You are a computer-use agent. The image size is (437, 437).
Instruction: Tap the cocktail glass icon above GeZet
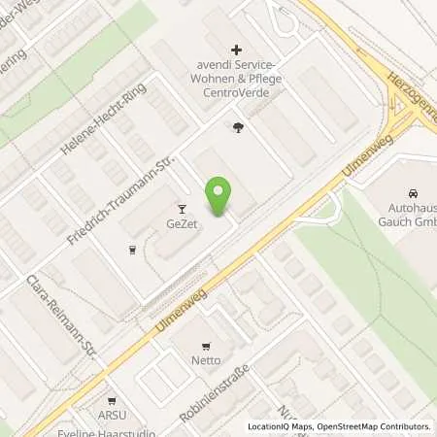181,208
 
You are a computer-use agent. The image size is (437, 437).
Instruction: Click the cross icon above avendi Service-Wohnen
235,50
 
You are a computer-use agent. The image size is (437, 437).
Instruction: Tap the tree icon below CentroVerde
239,126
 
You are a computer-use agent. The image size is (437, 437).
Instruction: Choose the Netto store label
205,360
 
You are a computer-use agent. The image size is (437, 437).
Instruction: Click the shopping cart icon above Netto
205,345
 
